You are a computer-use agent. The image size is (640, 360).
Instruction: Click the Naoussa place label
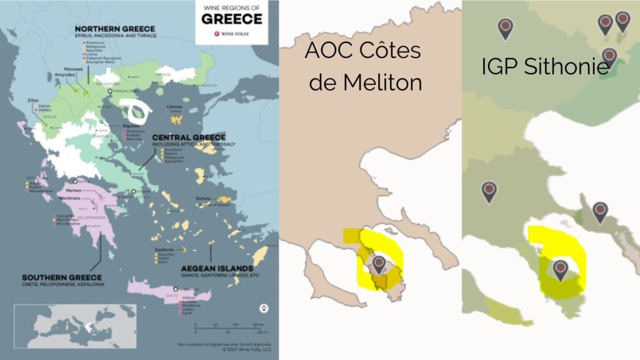(x=72, y=69)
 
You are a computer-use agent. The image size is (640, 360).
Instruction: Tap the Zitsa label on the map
(x=32, y=99)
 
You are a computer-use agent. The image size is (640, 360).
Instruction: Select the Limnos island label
(x=174, y=107)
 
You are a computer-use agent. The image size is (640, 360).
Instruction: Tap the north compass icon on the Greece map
(x=263, y=308)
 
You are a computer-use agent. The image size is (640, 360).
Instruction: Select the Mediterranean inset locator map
(x=75, y=325)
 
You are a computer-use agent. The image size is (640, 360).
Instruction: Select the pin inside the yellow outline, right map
(x=561, y=269)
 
